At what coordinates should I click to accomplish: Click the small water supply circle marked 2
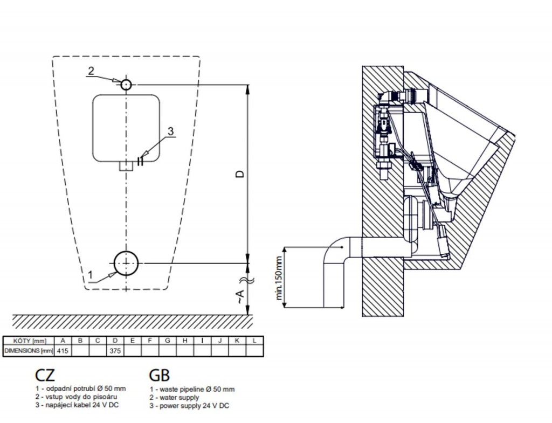click(x=126, y=85)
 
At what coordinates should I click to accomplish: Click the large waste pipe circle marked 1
click(x=126, y=263)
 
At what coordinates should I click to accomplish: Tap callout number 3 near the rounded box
click(x=170, y=131)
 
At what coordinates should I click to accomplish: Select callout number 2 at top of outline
click(x=91, y=70)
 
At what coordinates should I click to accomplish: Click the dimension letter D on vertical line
click(x=240, y=174)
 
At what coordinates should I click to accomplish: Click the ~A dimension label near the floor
click(x=240, y=295)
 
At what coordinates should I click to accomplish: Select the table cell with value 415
click(x=63, y=351)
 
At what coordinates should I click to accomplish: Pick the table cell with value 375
click(x=115, y=351)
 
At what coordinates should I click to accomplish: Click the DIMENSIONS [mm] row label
click(x=29, y=351)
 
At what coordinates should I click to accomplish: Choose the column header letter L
click(x=254, y=341)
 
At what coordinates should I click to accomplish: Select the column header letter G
click(x=167, y=341)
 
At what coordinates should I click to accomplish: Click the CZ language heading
click(x=45, y=374)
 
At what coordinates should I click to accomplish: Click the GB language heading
click(x=159, y=375)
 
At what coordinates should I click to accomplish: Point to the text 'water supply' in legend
click(x=180, y=398)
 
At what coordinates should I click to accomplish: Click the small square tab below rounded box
click(x=126, y=167)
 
